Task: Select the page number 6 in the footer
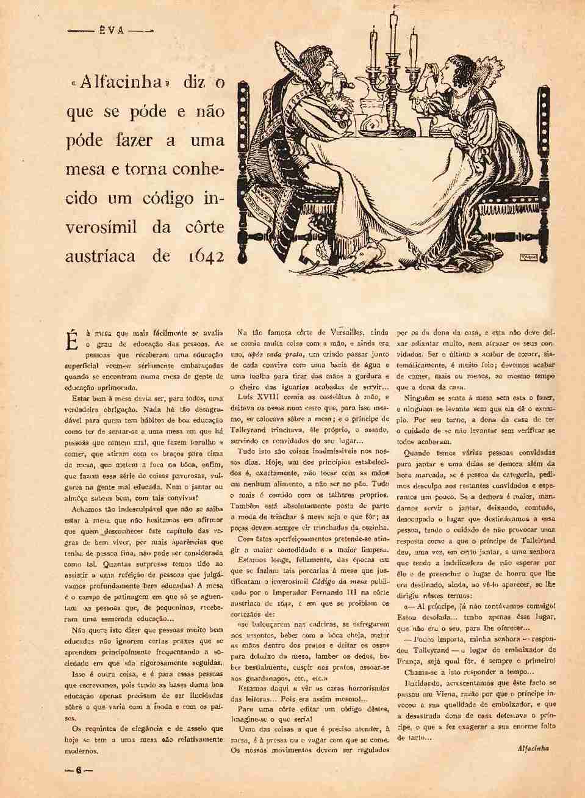(x=79, y=770)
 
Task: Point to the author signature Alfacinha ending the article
(x=533, y=748)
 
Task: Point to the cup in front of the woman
(x=425, y=125)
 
